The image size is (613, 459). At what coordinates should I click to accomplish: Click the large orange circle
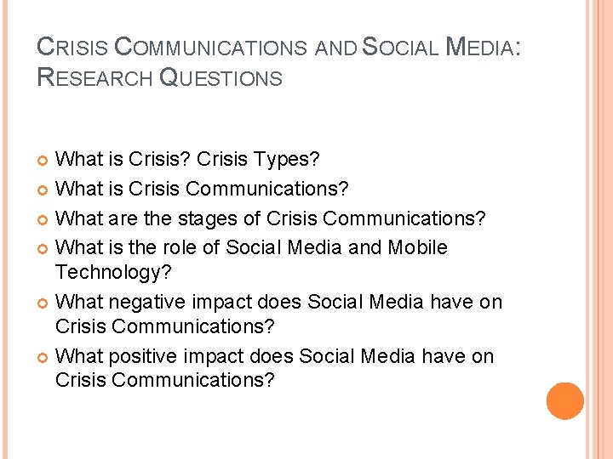(x=564, y=401)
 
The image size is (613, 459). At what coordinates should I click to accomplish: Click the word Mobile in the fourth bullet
(x=417, y=247)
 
